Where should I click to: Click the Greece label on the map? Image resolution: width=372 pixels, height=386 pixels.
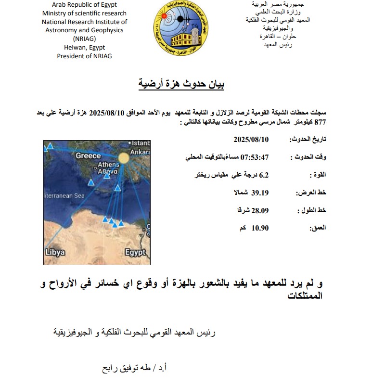(88, 155)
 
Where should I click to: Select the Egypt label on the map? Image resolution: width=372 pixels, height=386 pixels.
(135, 252)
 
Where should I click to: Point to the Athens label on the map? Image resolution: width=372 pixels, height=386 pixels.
(108, 165)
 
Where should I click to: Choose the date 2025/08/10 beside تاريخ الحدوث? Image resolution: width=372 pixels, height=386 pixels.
(251, 140)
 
